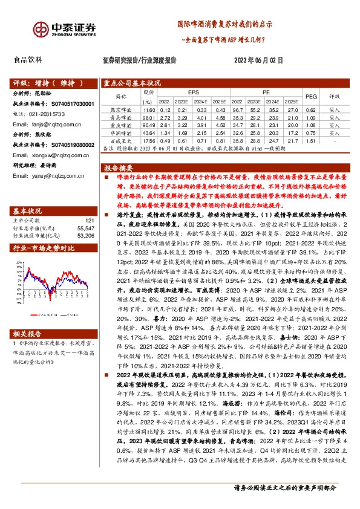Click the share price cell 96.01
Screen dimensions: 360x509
[x=149, y=117]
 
